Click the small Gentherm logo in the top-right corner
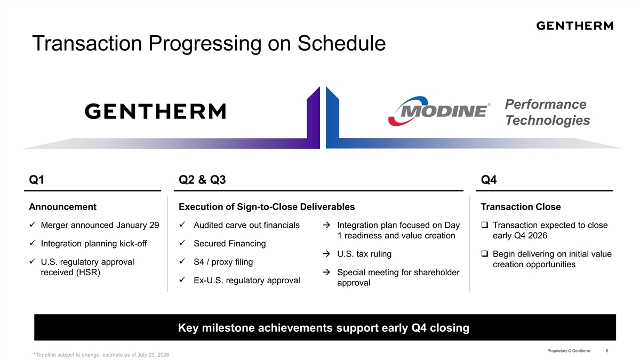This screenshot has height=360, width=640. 574,26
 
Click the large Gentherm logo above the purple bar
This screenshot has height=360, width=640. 155,111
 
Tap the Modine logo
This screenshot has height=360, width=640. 439,111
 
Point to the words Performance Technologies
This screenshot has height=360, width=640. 547,112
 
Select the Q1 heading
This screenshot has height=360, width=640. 37,180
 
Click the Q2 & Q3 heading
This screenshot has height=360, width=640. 202,180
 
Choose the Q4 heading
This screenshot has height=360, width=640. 489,180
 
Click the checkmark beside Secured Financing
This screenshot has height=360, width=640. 182,243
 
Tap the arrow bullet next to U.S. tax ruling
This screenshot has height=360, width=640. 326,254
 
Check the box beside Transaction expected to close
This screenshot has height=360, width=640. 485,225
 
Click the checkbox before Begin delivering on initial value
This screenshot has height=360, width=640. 485,253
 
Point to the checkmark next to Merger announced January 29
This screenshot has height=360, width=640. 33,225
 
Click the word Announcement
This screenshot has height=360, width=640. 62,207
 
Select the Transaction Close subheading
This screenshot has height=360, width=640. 521,207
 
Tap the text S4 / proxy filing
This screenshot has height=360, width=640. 223,262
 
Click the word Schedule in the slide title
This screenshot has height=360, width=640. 341,43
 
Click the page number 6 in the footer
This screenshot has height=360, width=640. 607,350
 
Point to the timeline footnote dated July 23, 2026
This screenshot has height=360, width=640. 101,355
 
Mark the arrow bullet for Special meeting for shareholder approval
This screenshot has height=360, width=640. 326,272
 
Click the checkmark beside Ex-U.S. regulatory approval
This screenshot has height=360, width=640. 182,279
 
